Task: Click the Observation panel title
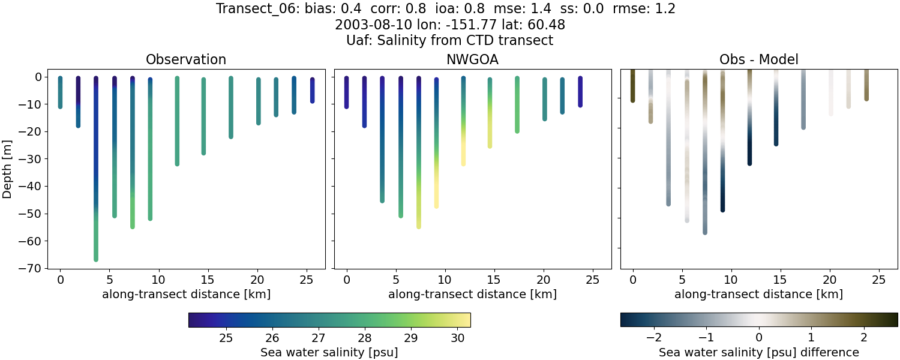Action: (186, 59)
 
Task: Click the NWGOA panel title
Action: (472, 59)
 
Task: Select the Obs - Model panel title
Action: (758, 59)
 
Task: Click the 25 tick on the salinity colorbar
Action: (226, 338)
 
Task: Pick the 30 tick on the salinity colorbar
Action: (457, 338)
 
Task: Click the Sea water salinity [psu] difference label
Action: (759, 352)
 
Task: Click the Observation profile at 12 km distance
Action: (177, 120)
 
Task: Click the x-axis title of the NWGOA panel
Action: (472, 295)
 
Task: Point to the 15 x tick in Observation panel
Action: (208, 280)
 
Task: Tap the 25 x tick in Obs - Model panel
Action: (878, 280)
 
